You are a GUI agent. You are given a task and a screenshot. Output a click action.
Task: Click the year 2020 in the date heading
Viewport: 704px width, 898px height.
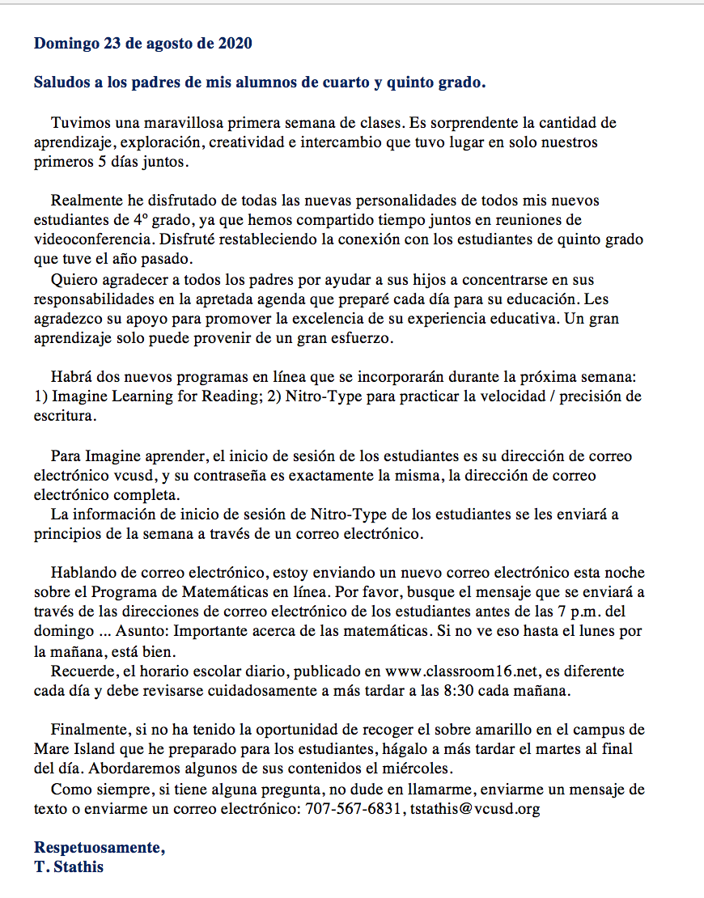[235, 43]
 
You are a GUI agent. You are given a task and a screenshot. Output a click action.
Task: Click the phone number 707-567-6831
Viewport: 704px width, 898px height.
[352, 807]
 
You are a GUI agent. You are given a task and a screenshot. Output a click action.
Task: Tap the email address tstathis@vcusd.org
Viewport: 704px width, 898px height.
[474, 807]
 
